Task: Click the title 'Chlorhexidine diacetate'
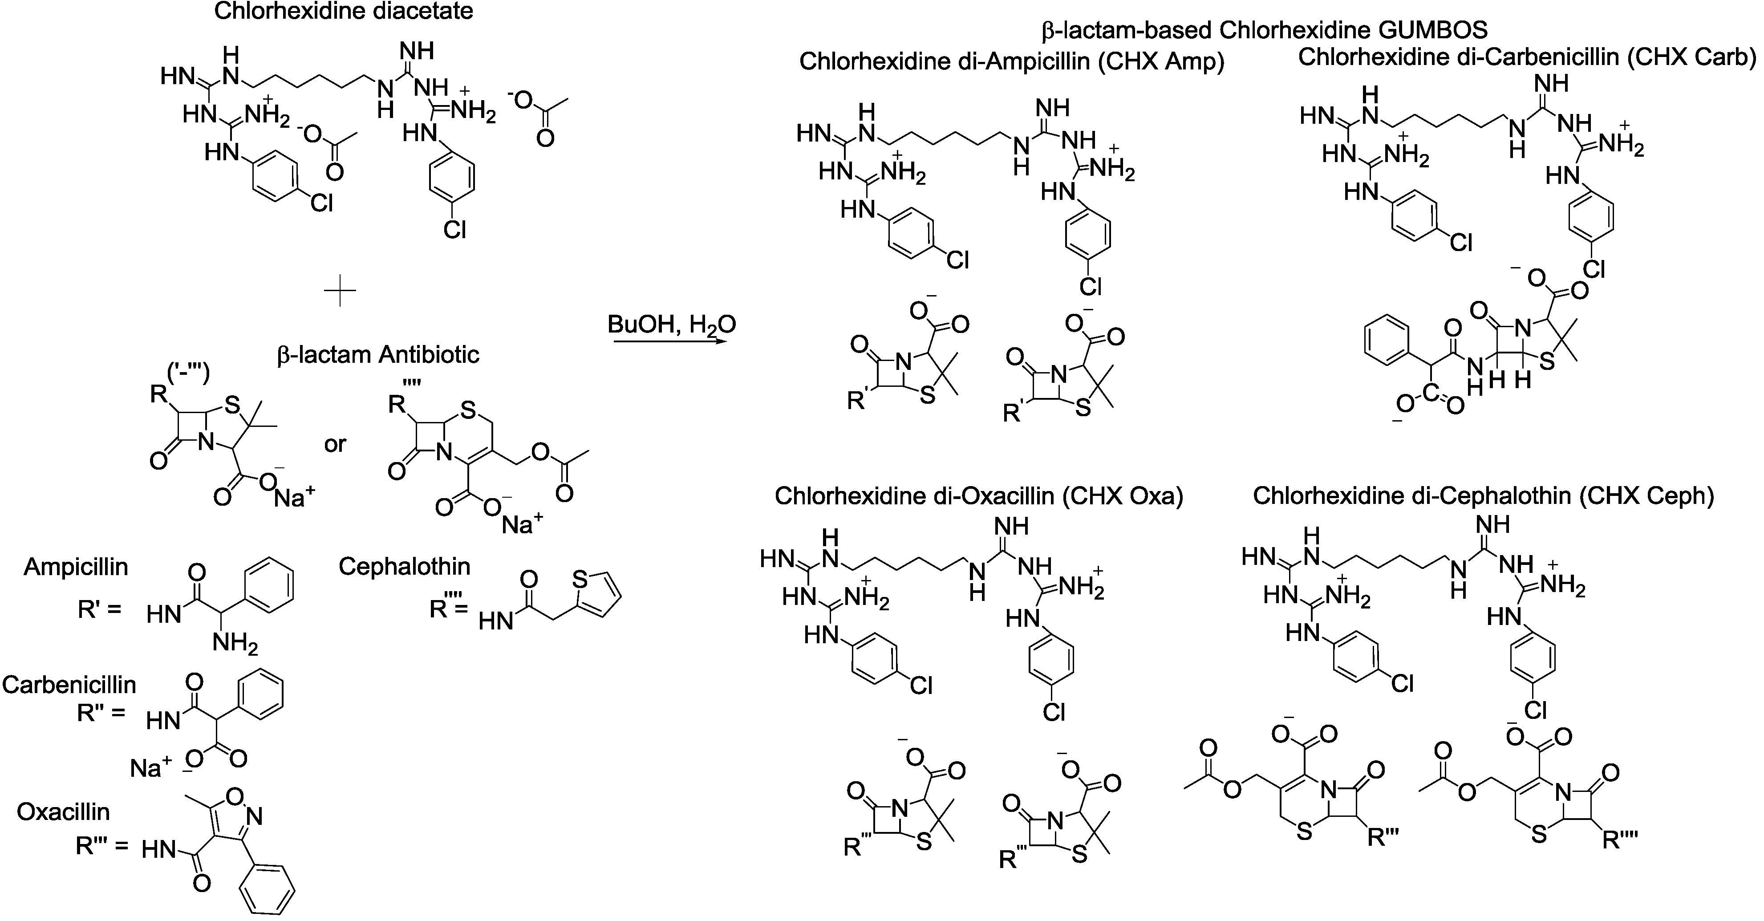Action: [344, 12]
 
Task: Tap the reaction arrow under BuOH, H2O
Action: [670, 341]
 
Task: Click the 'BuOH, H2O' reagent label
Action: [671, 324]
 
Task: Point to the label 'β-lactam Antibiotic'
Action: [378, 355]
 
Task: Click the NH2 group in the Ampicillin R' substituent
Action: [234, 644]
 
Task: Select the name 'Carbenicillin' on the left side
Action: [69, 684]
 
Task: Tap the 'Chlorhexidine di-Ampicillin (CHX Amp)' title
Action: [1011, 61]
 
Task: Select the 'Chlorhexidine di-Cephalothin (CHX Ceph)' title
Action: [1483, 496]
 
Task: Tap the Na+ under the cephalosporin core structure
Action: [522, 524]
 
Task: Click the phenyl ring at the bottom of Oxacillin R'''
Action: [267, 890]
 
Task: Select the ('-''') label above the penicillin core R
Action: [188, 373]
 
